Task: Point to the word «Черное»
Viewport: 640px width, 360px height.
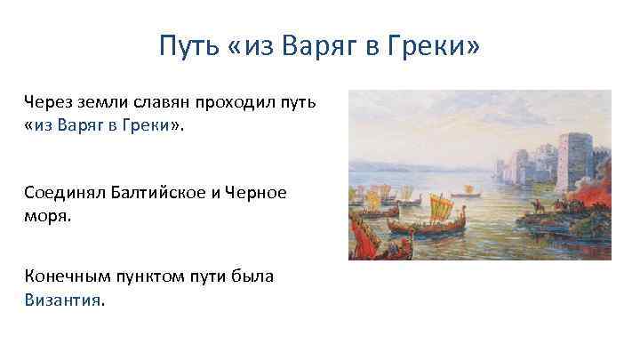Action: pyautogui.click(x=262, y=192)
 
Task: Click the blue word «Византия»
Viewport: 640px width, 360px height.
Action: pyautogui.click(x=63, y=300)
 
